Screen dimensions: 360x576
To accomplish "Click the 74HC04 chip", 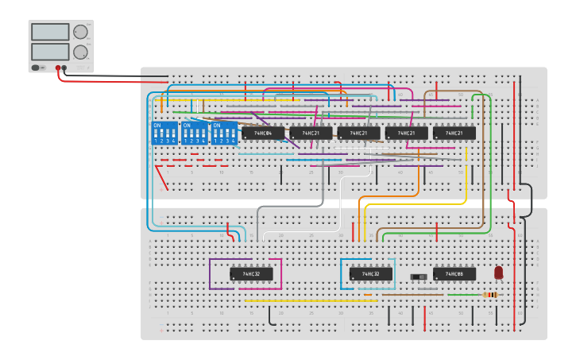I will tap(263, 134).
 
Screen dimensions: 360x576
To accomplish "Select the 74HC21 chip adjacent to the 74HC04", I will tap(311, 134).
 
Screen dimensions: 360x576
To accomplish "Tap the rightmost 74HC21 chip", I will tap(454, 134).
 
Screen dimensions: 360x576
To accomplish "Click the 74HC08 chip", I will tap(454, 274).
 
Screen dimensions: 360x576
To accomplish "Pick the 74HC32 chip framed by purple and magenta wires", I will tap(251, 274).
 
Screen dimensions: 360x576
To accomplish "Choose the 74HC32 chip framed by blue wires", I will tap(370, 274).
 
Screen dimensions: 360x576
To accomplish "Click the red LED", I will tap(499, 273).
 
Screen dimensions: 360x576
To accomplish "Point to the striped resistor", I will tap(490, 295).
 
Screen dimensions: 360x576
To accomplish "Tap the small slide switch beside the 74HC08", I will tap(418, 277).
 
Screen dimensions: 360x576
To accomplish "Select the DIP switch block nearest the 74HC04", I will tap(225, 134).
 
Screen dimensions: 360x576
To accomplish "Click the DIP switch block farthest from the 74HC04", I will tap(164, 134).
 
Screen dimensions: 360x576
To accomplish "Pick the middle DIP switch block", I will tap(195, 134).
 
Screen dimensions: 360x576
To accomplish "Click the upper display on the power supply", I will tap(50, 32).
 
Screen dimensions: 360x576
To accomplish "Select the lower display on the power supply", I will tap(50, 52).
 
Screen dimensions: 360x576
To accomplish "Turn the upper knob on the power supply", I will tap(80, 33).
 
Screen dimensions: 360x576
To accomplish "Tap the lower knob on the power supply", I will tap(80, 52).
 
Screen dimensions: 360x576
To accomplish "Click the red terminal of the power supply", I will tap(58, 68).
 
